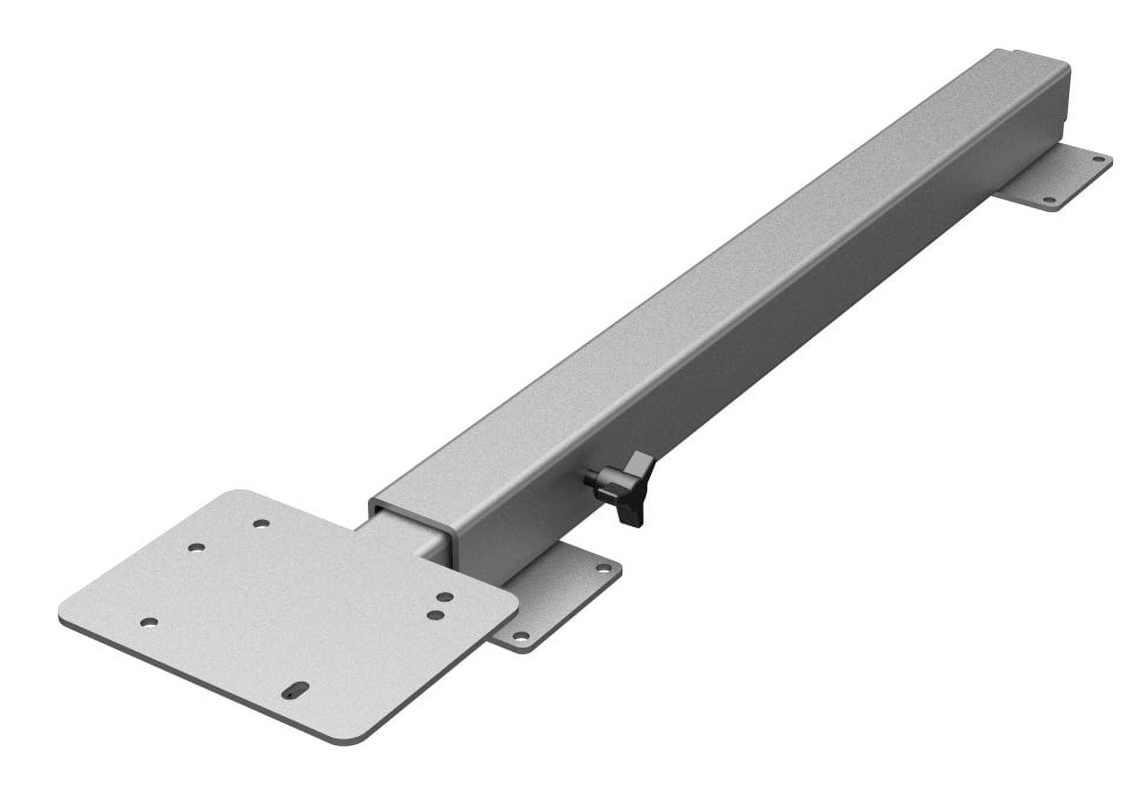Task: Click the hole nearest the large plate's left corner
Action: [x=150, y=622]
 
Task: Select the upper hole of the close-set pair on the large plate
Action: [x=446, y=598]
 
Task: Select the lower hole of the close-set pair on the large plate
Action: [x=436, y=614]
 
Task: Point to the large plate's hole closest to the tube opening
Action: [x=260, y=522]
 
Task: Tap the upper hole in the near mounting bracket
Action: [x=601, y=568]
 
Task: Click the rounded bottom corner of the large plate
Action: [x=348, y=740]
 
